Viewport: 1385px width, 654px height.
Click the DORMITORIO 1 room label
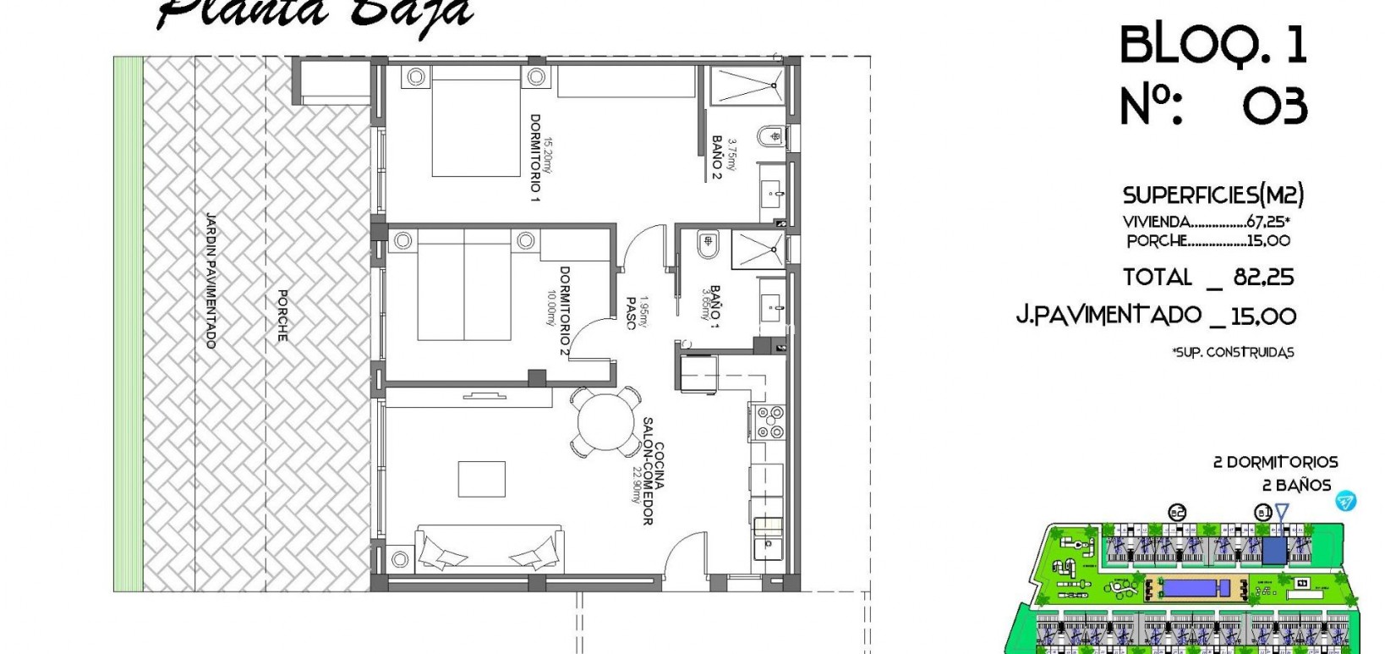(x=534, y=157)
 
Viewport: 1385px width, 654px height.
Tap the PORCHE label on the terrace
(x=282, y=316)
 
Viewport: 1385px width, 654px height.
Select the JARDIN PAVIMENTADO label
(x=211, y=280)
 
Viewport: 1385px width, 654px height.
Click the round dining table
(x=606, y=420)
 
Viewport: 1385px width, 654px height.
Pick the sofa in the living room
(x=489, y=546)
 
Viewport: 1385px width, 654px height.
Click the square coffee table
(x=482, y=479)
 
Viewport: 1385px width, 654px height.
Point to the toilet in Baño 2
(x=773, y=136)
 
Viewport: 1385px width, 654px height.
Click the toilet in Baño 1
(x=707, y=245)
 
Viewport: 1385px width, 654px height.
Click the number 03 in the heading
(x=1275, y=107)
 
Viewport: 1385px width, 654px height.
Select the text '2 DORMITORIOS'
(x=1275, y=462)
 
